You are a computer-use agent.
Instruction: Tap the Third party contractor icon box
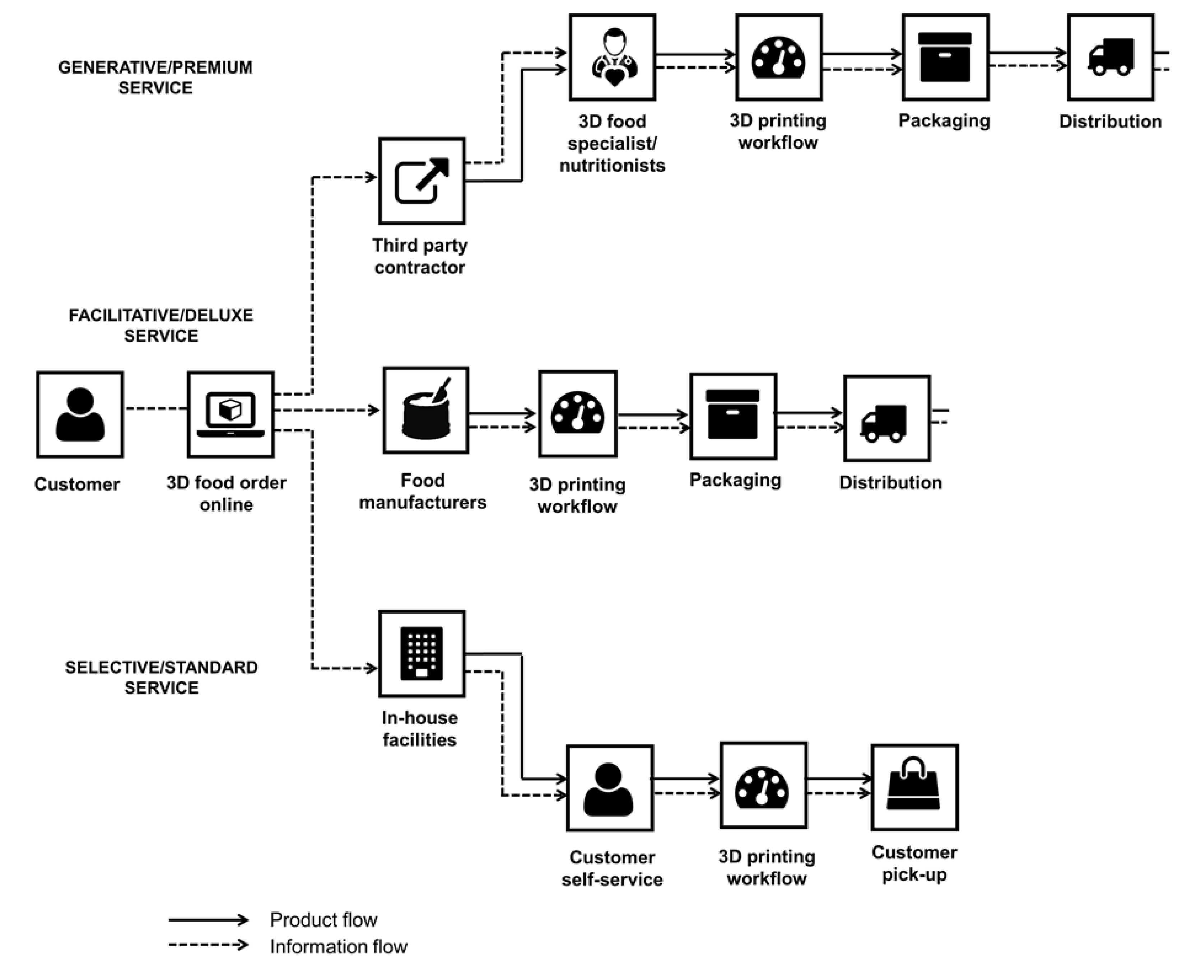pyautogui.click(x=422, y=181)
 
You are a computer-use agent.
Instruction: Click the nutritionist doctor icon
pyautogui.click(x=613, y=57)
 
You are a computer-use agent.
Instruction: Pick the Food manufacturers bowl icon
pyautogui.click(x=426, y=410)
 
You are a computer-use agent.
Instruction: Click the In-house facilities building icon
pyautogui.click(x=422, y=654)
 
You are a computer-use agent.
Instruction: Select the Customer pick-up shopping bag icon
pyautogui.click(x=914, y=787)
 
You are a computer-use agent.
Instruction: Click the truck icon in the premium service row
pyautogui.click(x=1111, y=57)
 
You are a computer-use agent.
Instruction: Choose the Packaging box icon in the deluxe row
pyautogui.click(x=733, y=416)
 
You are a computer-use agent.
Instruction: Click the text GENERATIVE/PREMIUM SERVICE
pyautogui.click(x=155, y=78)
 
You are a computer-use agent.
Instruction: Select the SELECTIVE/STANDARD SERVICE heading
pyautogui.click(x=162, y=677)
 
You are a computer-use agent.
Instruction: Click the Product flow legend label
pyautogui.click(x=323, y=920)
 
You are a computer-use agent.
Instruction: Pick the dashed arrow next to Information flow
pyautogui.click(x=208, y=945)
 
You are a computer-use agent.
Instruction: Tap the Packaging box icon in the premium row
pyautogui.click(x=945, y=57)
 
